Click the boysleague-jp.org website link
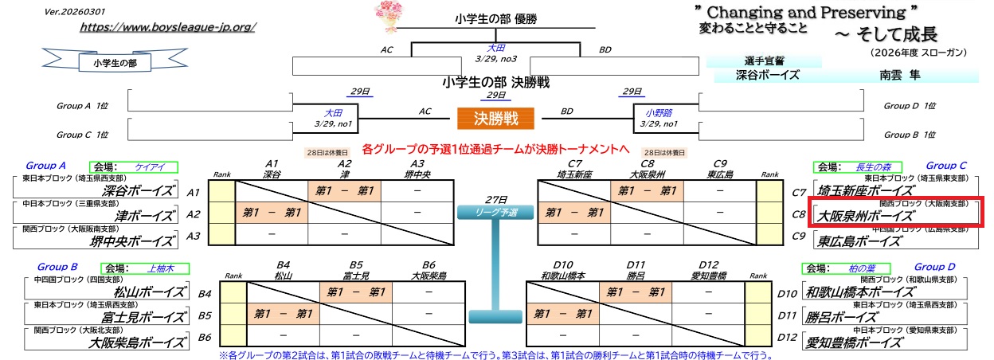pos(167,27)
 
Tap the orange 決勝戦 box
pos(495,119)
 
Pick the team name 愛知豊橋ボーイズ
pos(863,343)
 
